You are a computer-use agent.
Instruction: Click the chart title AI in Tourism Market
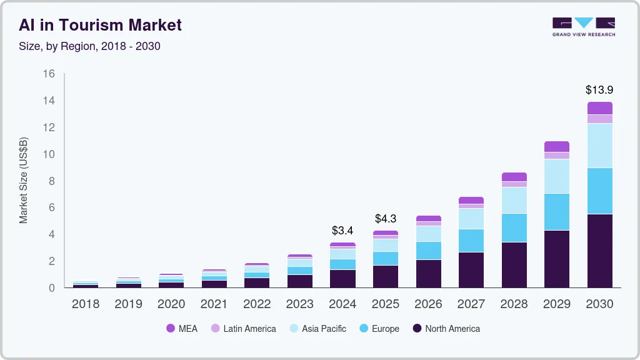(x=101, y=25)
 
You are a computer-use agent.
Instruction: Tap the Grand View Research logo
(x=583, y=26)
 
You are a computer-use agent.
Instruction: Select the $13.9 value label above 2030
(x=599, y=90)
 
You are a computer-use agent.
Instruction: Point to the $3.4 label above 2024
(x=342, y=231)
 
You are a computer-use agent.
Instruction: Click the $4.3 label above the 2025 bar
(x=386, y=219)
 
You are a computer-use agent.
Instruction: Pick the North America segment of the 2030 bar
(x=599, y=251)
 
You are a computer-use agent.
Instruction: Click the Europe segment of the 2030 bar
(x=599, y=191)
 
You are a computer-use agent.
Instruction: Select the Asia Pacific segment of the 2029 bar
(x=557, y=176)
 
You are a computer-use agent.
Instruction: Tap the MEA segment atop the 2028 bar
(x=514, y=177)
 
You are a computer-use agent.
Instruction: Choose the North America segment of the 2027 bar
(x=471, y=269)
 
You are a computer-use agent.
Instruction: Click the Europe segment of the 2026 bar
(x=428, y=251)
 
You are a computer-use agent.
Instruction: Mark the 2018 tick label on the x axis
(x=86, y=304)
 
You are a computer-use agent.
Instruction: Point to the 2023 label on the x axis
(x=300, y=304)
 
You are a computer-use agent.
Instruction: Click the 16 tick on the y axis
(x=49, y=74)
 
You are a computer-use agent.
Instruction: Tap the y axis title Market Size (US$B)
(x=24, y=180)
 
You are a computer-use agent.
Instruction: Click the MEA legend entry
(x=182, y=329)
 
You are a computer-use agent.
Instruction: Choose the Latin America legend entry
(x=244, y=329)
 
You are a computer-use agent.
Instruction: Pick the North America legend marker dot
(x=416, y=329)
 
